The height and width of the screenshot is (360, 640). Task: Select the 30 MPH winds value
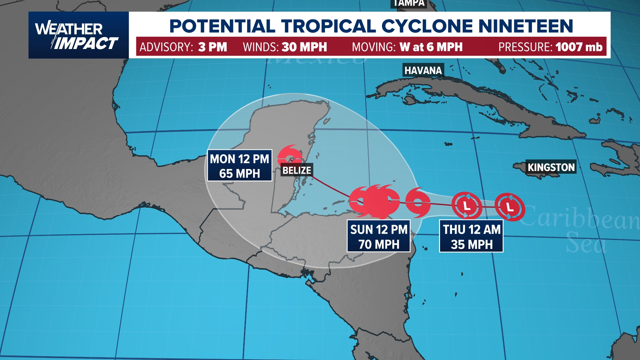(x=304, y=47)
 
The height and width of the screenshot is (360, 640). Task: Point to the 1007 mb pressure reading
(x=579, y=47)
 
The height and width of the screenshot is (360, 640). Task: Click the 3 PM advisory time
(x=212, y=47)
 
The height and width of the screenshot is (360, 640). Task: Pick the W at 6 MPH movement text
(x=431, y=47)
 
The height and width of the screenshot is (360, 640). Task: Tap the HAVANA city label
(x=423, y=70)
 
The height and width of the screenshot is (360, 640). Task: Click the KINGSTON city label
(x=551, y=167)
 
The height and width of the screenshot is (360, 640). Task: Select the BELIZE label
(x=296, y=170)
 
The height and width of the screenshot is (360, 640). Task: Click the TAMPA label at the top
(x=409, y=3)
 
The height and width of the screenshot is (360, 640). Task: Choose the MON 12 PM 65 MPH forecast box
(x=239, y=166)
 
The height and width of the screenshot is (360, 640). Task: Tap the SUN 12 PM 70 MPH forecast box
(x=379, y=236)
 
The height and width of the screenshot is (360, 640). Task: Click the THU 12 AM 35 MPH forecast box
(x=471, y=236)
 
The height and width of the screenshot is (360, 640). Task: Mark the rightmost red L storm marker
(x=510, y=207)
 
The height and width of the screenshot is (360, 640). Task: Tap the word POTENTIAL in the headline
(x=222, y=26)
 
